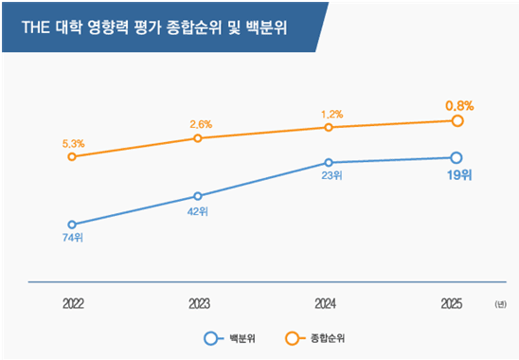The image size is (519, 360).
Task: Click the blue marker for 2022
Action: (72, 225)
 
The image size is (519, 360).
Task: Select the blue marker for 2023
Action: (197, 197)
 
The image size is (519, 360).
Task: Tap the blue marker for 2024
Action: (328, 162)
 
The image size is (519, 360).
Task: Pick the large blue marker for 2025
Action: (456, 157)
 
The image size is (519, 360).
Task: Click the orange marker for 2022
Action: (72, 156)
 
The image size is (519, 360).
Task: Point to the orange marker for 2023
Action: (197, 138)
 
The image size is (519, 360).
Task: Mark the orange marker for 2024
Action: (328, 127)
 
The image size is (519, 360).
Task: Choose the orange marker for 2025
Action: (456, 120)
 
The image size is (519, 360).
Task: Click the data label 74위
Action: (72, 239)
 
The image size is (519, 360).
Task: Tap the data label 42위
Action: (197, 211)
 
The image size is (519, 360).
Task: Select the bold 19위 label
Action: (457, 176)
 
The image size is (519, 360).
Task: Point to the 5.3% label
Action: (73, 143)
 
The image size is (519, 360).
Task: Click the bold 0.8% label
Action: (457, 105)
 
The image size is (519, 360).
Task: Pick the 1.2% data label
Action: (329, 114)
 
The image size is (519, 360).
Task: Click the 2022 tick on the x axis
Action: (73, 304)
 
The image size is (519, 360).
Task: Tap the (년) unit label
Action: (500, 304)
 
